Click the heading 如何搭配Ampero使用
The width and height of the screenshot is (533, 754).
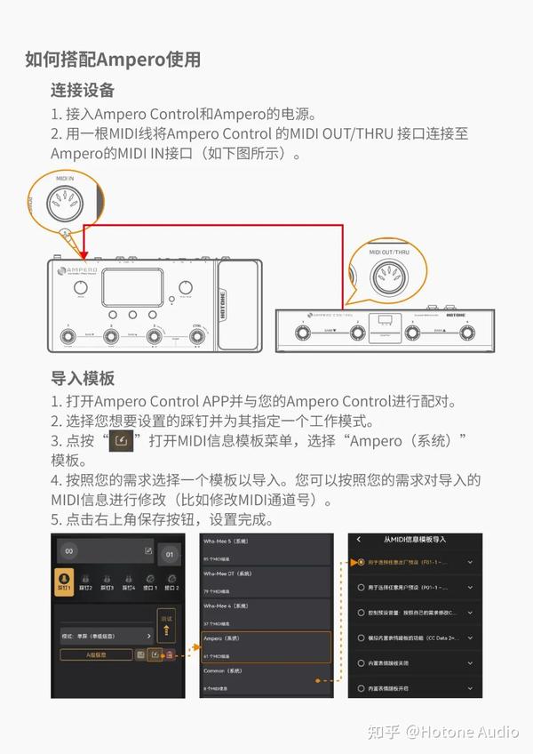click(113, 60)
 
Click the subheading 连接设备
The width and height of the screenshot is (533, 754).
click(83, 91)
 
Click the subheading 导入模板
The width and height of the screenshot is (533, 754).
click(83, 378)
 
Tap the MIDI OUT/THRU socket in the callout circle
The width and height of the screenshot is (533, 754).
click(388, 276)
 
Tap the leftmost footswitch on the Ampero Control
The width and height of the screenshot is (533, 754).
click(300, 333)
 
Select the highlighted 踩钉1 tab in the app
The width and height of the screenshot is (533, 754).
click(63, 582)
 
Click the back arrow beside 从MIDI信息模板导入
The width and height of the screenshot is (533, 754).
click(358, 540)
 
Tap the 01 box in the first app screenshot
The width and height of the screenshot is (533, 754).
click(170, 555)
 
